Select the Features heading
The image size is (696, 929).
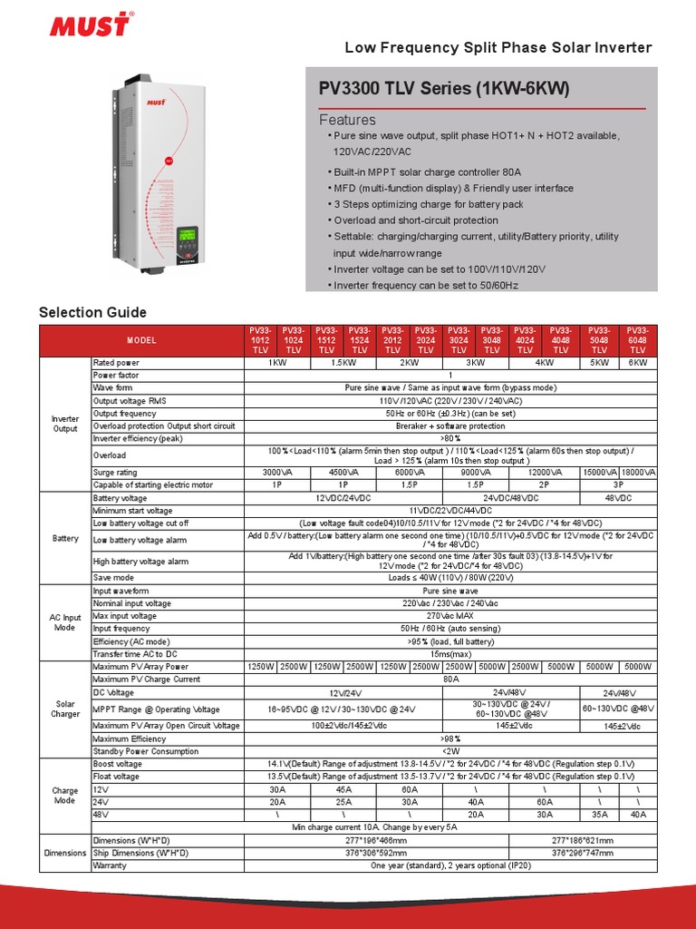tap(347, 120)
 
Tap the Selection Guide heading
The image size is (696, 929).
tap(92, 313)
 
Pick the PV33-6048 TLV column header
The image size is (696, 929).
tap(638, 340)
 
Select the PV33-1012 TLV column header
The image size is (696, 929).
tap(260, 340)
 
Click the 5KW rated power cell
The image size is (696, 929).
tap(599, 363)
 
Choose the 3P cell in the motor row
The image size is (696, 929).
tap(619, 485)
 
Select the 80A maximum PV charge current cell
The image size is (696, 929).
tap(450, 680)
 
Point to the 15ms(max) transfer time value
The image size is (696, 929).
tap(450, 654)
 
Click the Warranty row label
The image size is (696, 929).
tap(110, 865)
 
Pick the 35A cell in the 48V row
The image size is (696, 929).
tap(599, 815)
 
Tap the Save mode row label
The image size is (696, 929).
tap(113, 577)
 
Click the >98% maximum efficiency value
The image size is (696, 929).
tap(450, 739)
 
